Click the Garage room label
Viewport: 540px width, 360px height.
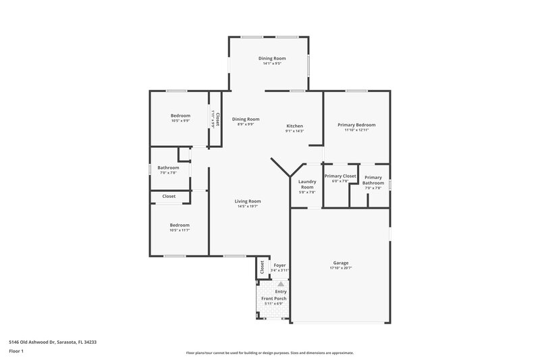click(x=341, y=263)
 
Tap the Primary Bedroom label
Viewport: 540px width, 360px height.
click(x=356, y=125)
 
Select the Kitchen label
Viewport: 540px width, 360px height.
click(x=294, y=126)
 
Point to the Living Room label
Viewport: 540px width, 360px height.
click(x=248, y=201)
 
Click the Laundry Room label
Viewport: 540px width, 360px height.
click(x=307, y=184)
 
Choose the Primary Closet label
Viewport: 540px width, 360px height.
click(x=340, y=176)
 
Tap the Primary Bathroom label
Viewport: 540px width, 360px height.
click(x=373, y=180)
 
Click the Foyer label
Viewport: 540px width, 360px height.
click(x=279, y=265)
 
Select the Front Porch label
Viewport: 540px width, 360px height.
click(x=273, y=299)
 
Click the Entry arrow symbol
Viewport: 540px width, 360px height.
click(x=271, y=284)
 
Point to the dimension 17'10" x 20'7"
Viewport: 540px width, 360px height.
click(x=341, y=268)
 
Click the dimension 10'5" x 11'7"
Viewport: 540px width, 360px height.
click(x=180, y=230)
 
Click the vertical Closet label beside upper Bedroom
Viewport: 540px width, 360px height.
click(x=215, y=119)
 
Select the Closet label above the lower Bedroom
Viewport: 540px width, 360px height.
click(x=169, y=197)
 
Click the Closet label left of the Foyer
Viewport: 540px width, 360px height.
click(x=262, y=267)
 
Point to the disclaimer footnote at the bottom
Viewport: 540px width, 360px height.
click(x=269, y=353)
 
